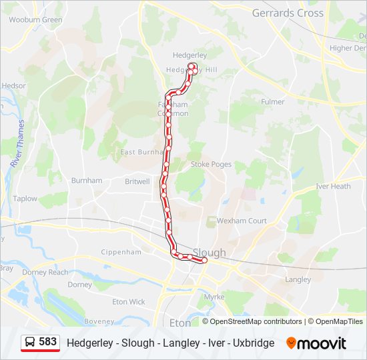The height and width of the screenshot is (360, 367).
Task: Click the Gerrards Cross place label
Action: [288, 13]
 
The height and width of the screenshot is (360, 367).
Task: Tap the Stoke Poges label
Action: [210, 164]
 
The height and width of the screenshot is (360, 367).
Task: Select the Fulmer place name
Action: [272, 102]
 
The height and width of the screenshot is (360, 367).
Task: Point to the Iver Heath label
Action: [333, 187]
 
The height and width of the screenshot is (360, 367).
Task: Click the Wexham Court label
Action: [241, 221]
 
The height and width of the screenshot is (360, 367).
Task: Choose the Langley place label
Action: [298, 279]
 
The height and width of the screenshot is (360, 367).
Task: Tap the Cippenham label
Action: [121, 252]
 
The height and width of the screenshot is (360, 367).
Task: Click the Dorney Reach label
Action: [45, 272]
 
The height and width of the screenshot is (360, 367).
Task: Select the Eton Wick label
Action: [128, 302]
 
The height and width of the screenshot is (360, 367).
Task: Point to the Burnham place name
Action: [87, 181]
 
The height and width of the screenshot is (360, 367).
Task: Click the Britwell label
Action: [137, 181]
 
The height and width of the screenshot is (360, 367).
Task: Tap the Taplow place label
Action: [25, 199]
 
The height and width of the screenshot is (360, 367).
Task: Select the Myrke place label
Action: [214, 297]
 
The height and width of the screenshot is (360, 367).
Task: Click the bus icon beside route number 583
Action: [29, 343]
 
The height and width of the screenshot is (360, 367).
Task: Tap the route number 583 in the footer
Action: [47, 342]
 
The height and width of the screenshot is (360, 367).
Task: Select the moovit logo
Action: [316, 343]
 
